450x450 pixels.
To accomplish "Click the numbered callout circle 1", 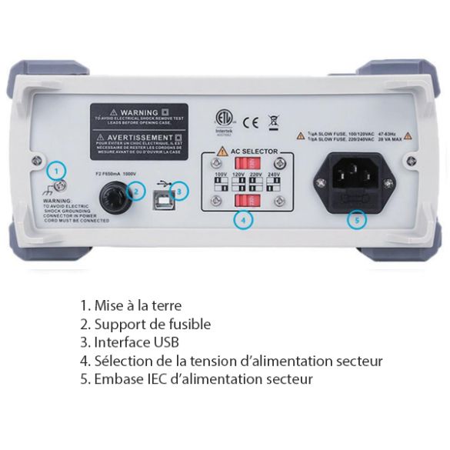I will point(58,171).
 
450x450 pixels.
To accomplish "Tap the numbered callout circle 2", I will point(136,191).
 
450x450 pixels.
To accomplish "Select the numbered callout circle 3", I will point(179,190).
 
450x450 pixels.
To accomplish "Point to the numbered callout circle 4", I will point(243,219).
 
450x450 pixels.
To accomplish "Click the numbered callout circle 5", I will point(355,219).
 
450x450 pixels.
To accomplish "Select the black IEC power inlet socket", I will point(354,185).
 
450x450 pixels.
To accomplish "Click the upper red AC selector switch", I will point(244,165).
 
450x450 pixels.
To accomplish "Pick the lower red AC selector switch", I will point(244,202).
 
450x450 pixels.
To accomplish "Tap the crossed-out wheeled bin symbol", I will point(273,121).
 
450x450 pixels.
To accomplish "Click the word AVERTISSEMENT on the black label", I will point(138,135).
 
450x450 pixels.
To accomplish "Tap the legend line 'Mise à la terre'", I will point(131,305).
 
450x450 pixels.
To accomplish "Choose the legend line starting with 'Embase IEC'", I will point(196,379).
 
